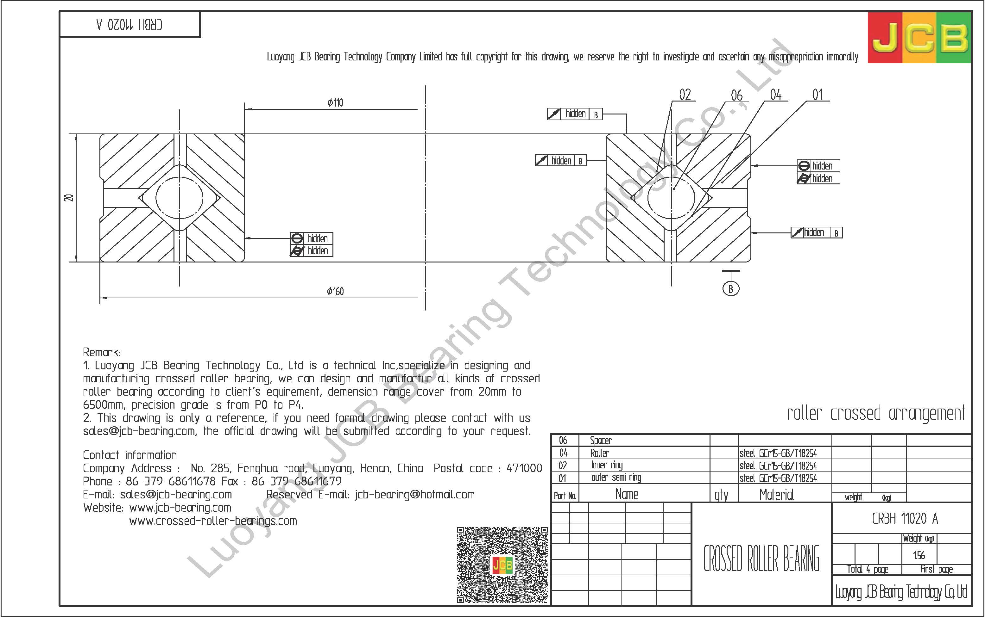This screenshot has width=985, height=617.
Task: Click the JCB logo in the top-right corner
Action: (919, 38)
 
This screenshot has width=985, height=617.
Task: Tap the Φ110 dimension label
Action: (335, 102)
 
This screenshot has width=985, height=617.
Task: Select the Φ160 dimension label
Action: (335, 291)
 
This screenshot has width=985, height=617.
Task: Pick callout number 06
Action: (736, 96)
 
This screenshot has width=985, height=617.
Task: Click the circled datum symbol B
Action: (730, 289)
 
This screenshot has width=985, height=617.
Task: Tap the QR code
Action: (502, 565)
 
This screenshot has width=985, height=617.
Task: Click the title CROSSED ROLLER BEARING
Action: (761, 558)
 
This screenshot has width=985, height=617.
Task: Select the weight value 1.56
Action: (919, 555)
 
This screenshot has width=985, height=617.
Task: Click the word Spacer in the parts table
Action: (601, 440)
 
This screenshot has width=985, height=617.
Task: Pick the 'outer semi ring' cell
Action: (616, 478)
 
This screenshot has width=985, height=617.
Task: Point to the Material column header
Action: (776, 495)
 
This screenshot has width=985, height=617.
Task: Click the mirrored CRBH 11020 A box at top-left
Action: (129, 25)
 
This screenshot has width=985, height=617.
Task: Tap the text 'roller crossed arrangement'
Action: (875, 414)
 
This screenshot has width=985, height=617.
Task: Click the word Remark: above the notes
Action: (102, 352)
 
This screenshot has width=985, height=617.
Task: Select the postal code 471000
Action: (524, 468)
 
